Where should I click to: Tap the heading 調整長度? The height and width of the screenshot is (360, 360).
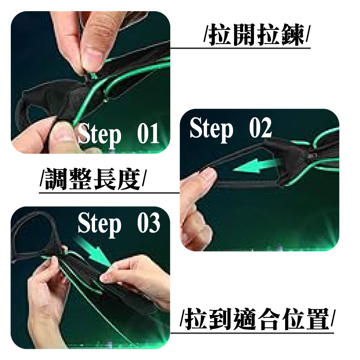[x=93, y=179]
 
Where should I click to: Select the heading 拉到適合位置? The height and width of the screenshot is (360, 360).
[x=257, y=319]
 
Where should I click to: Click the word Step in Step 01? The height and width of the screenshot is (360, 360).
[x=99, y=135]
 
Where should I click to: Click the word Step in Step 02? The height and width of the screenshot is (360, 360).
[x=211, y=129]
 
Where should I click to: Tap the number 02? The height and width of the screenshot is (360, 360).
[x=260, y=128]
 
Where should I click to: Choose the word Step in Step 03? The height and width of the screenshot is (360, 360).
[x=99, y=224]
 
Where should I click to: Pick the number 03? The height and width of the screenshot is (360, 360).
[x=149, y=223]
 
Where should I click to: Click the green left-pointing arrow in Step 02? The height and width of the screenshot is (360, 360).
[x=256, y=166]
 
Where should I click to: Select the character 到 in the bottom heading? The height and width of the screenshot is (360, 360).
[x=221, y=319]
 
